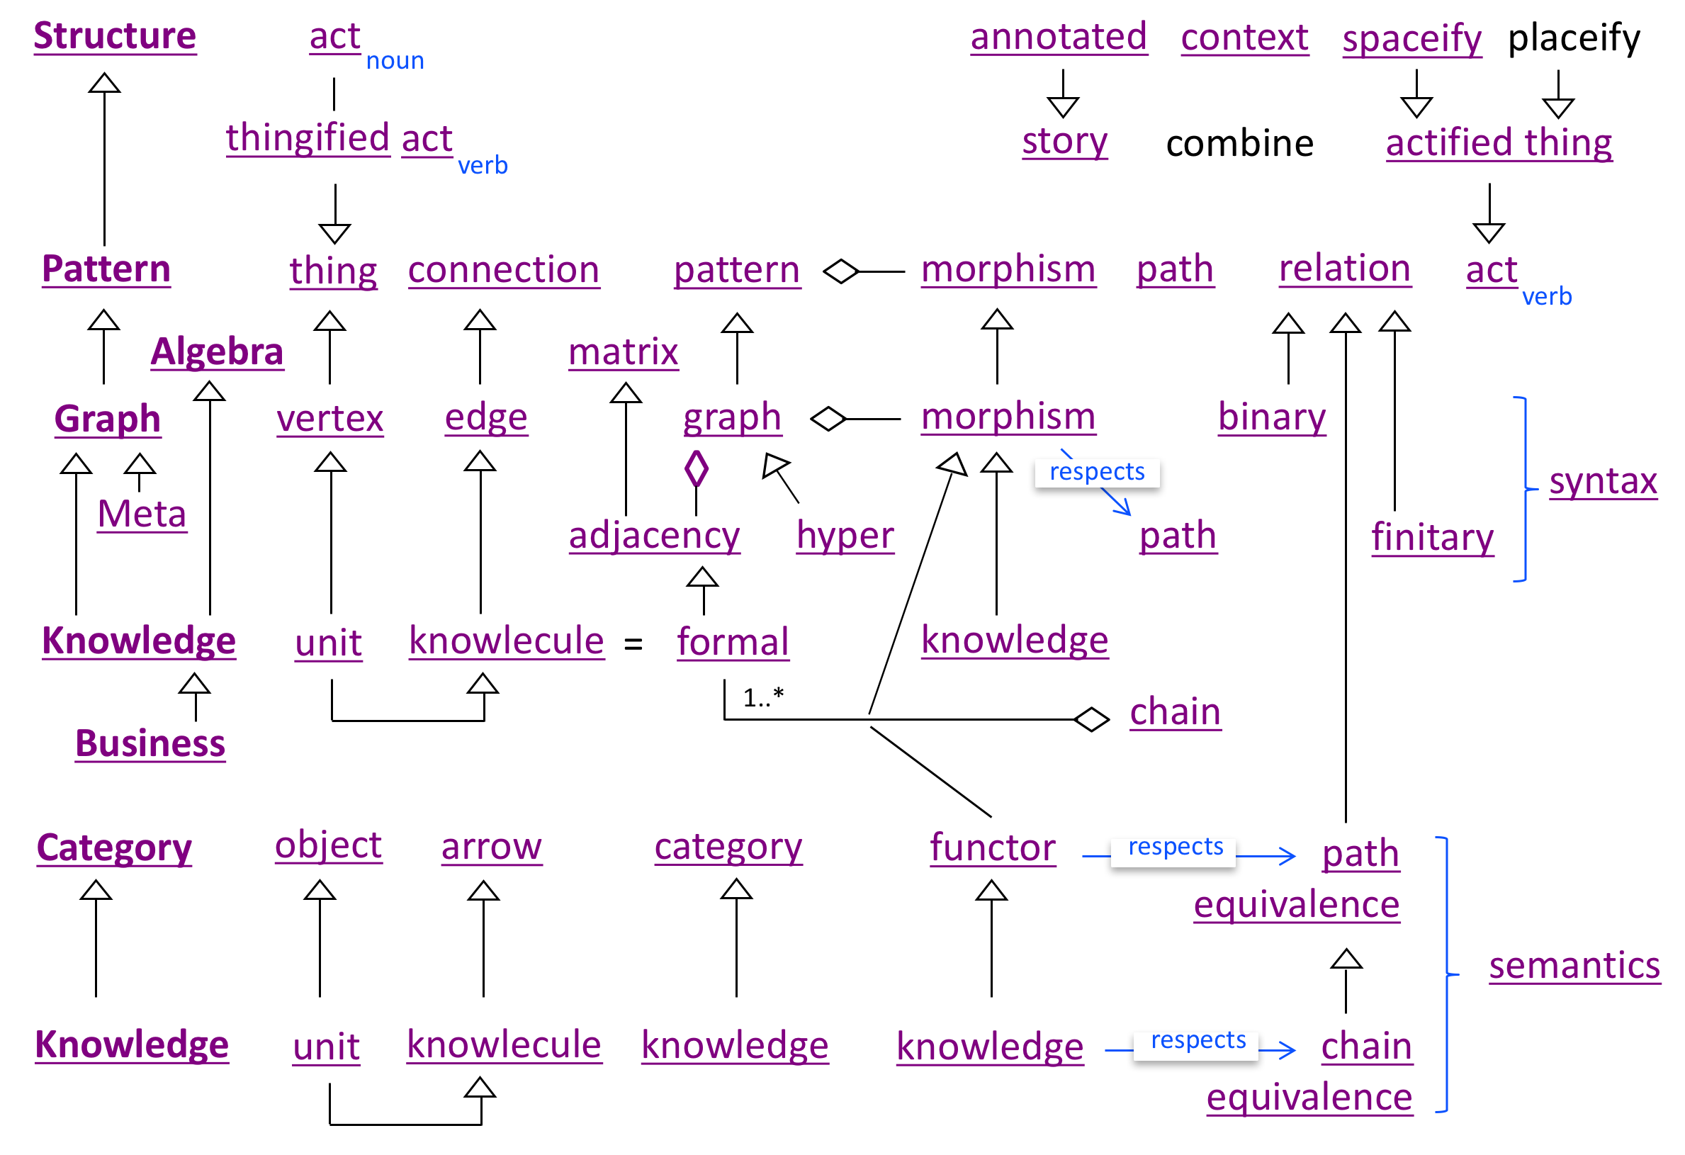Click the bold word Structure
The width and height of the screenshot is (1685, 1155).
pos(115,36)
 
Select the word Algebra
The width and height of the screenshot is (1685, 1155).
pos(217,351)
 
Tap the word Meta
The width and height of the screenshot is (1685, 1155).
pos(142,514)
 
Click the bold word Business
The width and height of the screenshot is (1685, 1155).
pos(150,744)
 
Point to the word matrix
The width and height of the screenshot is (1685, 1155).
pos(623,352)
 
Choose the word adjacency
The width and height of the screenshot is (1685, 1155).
pos(654,536)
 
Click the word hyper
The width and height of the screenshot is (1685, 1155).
pos(845,536)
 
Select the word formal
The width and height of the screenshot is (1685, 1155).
pos(732,643)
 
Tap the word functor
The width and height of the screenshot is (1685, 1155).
pos(992,847)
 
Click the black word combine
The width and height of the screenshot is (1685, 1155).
pos(1239,144)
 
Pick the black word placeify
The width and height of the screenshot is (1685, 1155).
pos(1573,38)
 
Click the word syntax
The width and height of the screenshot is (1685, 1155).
pos(1602,481)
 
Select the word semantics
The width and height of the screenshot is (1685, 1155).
pos(1574,966)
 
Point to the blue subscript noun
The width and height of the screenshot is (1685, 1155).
pos(395,61)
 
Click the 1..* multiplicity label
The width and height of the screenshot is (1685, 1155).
pos(762,697)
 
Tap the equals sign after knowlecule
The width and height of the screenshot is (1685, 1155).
pos(633,644)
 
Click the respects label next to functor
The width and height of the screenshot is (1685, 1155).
pos(1175,847)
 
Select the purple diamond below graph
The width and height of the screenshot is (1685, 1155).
pos(696,469)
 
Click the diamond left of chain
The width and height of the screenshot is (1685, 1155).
pos(1091,719)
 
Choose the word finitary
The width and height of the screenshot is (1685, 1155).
pos(1432,538)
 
